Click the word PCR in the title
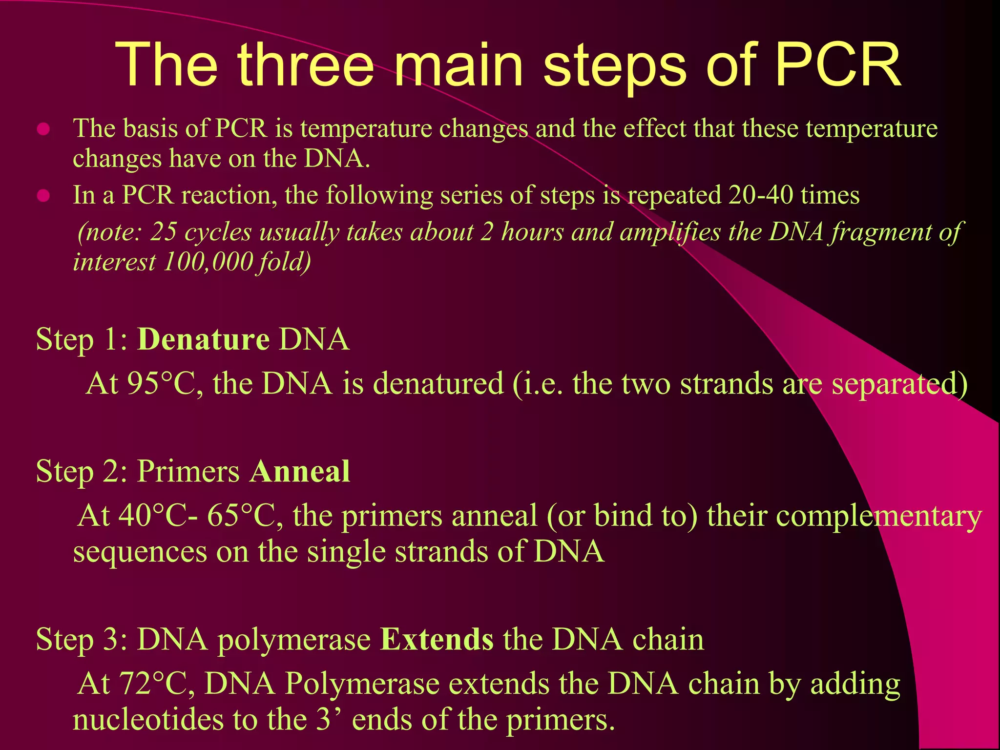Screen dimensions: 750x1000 [837, 65]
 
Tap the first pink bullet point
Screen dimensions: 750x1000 [44, 129]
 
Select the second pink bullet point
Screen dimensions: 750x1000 [44, 196]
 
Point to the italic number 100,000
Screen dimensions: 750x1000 [208, 262]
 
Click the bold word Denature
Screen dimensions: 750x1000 [203, 339]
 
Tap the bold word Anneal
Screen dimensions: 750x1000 [300, 472]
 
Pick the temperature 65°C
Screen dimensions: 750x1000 [241, 516]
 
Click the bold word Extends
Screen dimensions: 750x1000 [437, 639]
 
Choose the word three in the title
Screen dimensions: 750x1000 [306, 65]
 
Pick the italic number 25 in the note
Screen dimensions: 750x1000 [163, 232]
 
